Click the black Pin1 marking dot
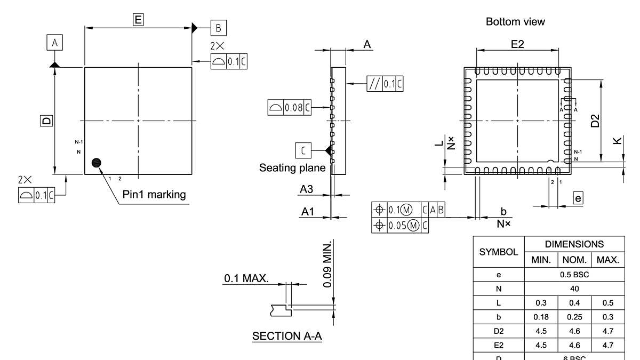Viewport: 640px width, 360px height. point(97,163)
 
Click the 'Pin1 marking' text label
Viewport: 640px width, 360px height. point(154,195)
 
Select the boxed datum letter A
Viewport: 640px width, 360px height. point(54,43)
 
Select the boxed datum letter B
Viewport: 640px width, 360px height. point(219,28)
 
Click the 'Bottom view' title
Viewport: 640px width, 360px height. point(515,22)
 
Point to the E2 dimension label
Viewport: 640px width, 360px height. point(517,44)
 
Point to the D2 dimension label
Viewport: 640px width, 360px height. point(596,121)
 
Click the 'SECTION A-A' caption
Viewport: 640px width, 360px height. point(287,337)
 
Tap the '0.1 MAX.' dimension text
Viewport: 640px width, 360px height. point(246,278)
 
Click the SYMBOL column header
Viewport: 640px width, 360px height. point(499,252)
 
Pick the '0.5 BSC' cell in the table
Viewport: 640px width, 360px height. point(575,275)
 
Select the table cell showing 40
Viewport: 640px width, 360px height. point(575,289)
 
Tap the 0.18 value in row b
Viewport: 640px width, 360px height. point(541,317)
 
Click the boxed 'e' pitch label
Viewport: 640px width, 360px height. point(578,198)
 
